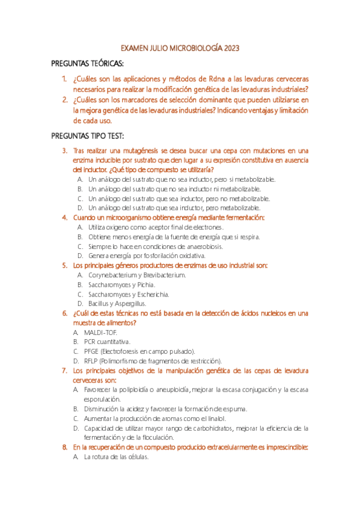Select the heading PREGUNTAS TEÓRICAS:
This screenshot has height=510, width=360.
pyautogui.click(x=87, y=64)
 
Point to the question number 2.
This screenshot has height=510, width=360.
pyautogui.click(x=64, y=100)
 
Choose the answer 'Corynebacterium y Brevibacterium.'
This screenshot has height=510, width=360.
pyautogui.click(x=137, y=275)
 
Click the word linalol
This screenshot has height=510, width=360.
pyautogui.click(x=217, y=418)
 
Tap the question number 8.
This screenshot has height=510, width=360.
pyautogui.click(x=64, y=447)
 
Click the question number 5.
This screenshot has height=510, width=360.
pyautogui.click(x=64, y=265)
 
